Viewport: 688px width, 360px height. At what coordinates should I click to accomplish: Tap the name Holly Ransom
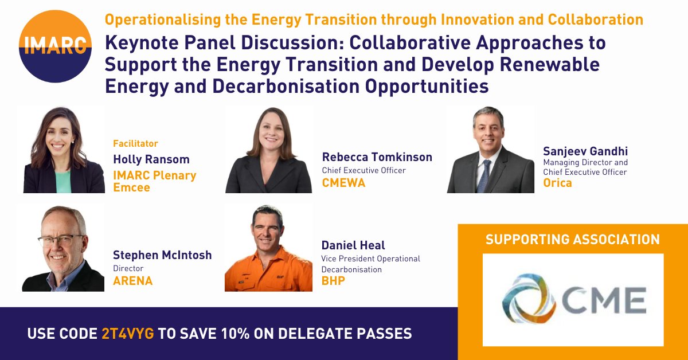[x=151, y=160]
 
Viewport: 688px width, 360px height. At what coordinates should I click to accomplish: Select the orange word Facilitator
[x=135, y=144]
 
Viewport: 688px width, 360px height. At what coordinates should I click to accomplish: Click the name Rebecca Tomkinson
[x=377, y=157]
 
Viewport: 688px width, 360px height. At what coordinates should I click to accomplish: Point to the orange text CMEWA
[x=343, y=183]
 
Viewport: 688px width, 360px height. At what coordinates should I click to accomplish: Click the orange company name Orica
[x=557, y=183]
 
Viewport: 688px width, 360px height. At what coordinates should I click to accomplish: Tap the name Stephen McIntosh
[x=162, y=255]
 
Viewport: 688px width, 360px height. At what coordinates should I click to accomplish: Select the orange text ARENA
[x=133, y=281]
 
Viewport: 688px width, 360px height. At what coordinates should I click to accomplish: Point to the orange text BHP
[x=333, y=281]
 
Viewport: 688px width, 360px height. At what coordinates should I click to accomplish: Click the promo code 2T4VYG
[x=126, y=334]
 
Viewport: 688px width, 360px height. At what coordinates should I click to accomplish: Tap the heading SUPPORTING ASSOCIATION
[x=573, y=239]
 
